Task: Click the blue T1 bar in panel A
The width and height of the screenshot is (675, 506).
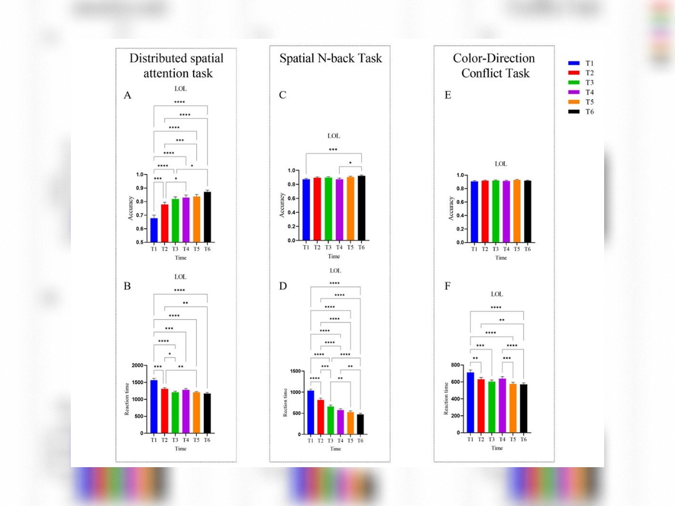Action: coord(154,230)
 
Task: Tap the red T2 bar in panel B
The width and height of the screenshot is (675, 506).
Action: coord(164,411)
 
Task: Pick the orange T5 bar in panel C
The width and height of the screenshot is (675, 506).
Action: coord(350,209)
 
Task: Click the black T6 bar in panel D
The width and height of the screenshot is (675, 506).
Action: coord(360,424)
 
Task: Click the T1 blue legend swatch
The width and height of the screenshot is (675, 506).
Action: coord(574,64)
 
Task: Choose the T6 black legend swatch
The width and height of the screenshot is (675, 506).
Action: coord(574,111)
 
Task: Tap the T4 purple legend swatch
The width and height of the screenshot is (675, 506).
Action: coord(574,92)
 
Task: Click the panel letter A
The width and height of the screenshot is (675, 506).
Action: coord(128,96)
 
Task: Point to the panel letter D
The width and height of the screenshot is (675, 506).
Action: coord(283,286)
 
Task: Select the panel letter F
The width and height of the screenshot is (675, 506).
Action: coord(447,286)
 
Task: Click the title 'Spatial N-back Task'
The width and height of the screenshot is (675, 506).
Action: coord(331,59)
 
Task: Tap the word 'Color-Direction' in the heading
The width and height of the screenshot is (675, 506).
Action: coord(494,59)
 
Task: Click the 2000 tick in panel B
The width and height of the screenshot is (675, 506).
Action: coord(137,366)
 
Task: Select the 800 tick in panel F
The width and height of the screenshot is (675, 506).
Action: coord(457,365)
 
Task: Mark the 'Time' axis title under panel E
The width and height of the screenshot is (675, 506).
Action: coord(501,258)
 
